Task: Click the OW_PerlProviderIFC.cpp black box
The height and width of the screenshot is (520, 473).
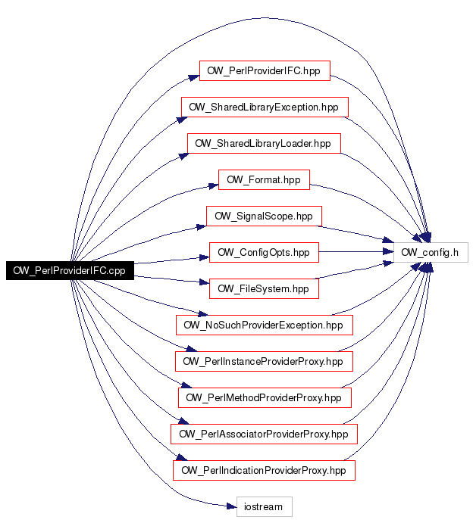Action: click(x=70, y=271)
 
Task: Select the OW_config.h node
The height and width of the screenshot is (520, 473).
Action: click(x=431, y=252)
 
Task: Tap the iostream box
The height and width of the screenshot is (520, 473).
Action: click(x=265, y=506)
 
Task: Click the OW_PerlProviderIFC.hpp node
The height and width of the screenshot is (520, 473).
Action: click(x=265, y=70)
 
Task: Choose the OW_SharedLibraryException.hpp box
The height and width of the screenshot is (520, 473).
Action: click(x=265, y=107)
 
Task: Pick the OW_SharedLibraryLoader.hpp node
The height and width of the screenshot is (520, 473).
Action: click(x=264, y=143)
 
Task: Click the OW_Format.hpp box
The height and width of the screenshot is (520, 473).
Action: click(x=264, y=179)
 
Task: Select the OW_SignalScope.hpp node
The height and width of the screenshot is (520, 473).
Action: click(x=264, y=216)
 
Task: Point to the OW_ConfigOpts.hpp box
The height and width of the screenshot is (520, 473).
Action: click(x=264, y=252)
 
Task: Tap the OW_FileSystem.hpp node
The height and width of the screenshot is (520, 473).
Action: click(x=264, y=288)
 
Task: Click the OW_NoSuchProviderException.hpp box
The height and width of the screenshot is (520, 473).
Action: click(x=265, y=325)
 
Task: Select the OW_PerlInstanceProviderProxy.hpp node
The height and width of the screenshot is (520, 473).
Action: click(x=264, y=361)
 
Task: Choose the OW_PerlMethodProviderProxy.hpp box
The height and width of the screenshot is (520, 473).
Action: click(x=265, y=397)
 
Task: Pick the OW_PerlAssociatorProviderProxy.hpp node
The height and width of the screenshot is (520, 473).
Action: click(x=264, y=434)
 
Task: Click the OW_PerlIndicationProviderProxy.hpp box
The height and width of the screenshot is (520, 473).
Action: click(x=264, y=470)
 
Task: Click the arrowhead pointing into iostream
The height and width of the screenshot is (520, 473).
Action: click(x=231, y=506)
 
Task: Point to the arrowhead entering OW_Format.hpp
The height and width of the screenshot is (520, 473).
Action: click(x=214, y=186)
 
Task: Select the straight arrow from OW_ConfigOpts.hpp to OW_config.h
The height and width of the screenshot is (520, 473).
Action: click(x=356, y=252)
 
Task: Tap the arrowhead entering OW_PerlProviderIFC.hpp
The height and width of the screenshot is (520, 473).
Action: click(x=194, y=78)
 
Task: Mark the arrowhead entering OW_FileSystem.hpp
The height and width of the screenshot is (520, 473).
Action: click(x=204, y=282)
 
